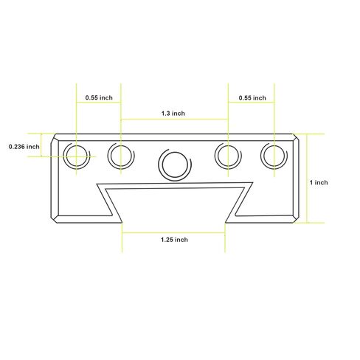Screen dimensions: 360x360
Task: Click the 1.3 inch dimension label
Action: click(x=173, y=114)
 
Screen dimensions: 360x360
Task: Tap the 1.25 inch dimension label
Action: click(x=174, y=240)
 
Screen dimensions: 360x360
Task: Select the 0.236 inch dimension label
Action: click(x=24, y=147)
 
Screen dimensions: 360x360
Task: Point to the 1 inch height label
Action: click(x=319, y=182)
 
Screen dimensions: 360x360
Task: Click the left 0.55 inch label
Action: click(x=99, y=97)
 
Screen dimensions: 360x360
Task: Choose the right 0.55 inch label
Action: click(x=252, y=98)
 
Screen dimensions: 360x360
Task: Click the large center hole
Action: click(x=175, y=165)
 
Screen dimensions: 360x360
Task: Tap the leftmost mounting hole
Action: click(x=76, y=156)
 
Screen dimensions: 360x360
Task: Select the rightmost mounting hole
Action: click(x=274, y=156)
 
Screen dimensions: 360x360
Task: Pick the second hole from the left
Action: click(x=121, y=156)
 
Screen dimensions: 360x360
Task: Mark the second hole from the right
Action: click(x=228, y=156)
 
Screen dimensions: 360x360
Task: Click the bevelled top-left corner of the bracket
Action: click(x=55, y=137)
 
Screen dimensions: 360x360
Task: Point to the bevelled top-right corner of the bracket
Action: click(x=296, y=137)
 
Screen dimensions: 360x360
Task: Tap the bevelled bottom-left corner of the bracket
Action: click(x=55, y=219)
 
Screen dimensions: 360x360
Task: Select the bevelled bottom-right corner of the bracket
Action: click(x=296, y=219)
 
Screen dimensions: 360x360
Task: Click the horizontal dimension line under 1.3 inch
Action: click(x=174, y=120)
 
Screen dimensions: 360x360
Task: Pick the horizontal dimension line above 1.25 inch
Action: click(x=173, y=232)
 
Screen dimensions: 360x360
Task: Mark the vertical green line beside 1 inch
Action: click(x=307, y=179)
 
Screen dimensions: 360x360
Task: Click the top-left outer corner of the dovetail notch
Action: click(x=97, y=184)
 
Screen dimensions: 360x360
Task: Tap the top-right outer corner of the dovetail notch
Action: click(x=252, y=182)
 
